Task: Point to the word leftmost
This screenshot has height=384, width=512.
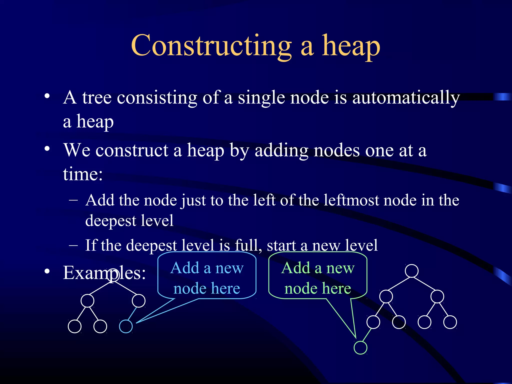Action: (351, 200)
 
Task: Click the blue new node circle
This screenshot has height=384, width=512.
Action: (126, 326)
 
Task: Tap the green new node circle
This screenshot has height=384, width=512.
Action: (360, 348)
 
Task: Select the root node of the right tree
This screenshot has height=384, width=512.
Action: (411, 271)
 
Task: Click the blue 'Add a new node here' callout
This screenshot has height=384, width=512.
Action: (207, 277)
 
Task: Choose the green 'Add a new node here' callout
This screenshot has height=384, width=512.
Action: (318, 277)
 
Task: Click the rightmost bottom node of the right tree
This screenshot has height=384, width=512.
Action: (450, 322)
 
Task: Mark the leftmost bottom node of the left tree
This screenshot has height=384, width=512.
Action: (74, 326)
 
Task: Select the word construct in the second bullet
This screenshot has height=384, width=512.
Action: (132, 151)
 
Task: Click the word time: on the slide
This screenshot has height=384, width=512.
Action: (83, 174)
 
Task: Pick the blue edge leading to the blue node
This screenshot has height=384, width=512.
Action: (132, 313)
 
